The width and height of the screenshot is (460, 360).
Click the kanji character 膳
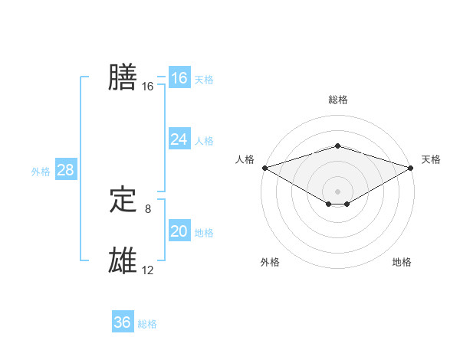[x=123, y=77]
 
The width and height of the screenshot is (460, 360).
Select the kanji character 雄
[x=123, y=261]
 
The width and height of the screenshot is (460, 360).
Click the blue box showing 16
[x=179, y=78]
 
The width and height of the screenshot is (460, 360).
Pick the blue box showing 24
[x=179, y=139]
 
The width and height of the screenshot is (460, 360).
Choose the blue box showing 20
[x=179, y=231]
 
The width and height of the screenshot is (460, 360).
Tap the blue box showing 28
[x=65, y=170]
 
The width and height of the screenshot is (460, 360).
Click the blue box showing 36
[x=122, y=322]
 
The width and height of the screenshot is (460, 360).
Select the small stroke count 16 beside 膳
[x=148, y=87]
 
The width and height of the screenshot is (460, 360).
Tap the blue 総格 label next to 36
[x=147, y=324]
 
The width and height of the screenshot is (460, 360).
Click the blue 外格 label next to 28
[x=41, y=172]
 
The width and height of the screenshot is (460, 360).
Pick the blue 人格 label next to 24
[x=204, y=141]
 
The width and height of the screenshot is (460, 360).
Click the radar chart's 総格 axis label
[x=337, y=100]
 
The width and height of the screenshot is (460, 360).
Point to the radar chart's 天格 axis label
[x=431, y=159]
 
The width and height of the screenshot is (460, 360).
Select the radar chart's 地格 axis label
[x=402, y=262]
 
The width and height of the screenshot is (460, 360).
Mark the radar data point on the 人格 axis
[x=264, y=167]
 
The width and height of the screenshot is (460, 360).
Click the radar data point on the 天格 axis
[x=411, y=167]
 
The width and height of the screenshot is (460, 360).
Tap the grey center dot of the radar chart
[x=337, y=191]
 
